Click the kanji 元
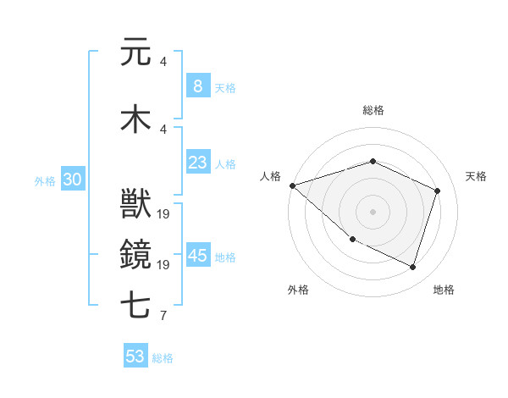[135, 53]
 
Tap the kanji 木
[135, 119]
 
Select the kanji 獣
[135, 204]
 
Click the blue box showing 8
[197, 86]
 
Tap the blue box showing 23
[197, 163]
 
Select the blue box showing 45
[197, 256]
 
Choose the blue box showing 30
[73, 180]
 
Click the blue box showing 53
[135, 357]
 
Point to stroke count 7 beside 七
[163, 317]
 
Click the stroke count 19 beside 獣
[164, 214]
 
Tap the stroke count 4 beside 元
[163, 62]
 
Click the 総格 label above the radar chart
[373, 110]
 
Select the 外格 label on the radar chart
[298, 290]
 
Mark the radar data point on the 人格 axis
[292, 185]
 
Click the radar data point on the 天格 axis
[438, 191]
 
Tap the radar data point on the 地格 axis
[413, 267]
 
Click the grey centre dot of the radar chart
[373, 212]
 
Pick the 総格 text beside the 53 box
[163, 358]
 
